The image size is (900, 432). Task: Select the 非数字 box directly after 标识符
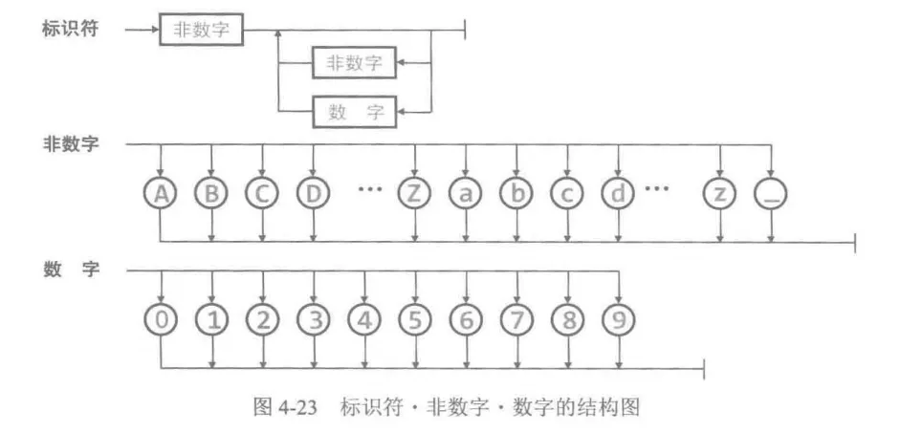pos(201,29)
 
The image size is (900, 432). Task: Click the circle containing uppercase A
pos(161,194)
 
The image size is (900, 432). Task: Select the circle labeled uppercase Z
pos(414,194)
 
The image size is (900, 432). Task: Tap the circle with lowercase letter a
pos(465,194)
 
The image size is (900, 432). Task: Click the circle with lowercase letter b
pos(516,194)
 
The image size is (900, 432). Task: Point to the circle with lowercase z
pos(719,194)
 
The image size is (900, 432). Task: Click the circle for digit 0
pos(161,320)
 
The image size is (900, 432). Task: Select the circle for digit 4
pos(363,320)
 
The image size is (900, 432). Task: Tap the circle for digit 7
pos(516,320)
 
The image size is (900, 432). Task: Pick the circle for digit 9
pos(618,320)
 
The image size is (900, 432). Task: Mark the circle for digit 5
pos(414,320)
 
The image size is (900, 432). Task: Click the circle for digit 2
pos(262,320)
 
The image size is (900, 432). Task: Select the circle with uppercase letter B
pos(211,194)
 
